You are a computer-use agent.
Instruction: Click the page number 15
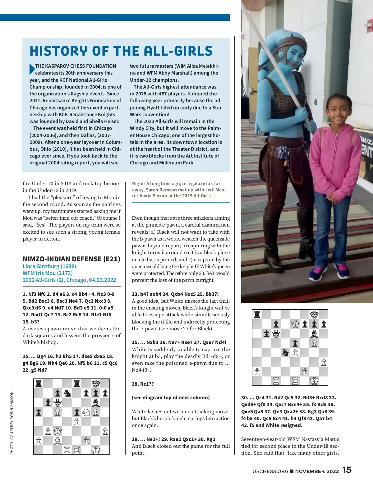(347, 470)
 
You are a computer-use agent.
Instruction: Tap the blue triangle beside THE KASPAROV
(32, 69)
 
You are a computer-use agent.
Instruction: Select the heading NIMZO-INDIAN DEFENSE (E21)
(71, 259)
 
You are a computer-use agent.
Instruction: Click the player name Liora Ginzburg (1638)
(49, 266)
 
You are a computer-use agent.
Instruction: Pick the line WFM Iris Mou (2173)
(48, 273)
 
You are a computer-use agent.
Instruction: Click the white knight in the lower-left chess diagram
(86, 412)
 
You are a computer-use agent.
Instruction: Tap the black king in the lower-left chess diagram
(96, 384)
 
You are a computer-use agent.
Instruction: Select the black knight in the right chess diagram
(285, 352)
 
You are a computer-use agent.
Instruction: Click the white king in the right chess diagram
(314, 381)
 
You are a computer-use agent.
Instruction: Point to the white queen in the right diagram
(295, 324)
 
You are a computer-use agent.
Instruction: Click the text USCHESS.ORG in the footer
(270, 471)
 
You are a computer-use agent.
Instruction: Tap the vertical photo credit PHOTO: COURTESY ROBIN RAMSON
(12, 423)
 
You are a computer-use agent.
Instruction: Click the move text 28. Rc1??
(143, 384)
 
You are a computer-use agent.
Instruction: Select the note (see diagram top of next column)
(171, 397)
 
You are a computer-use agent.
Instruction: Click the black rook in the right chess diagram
(257, 314)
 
